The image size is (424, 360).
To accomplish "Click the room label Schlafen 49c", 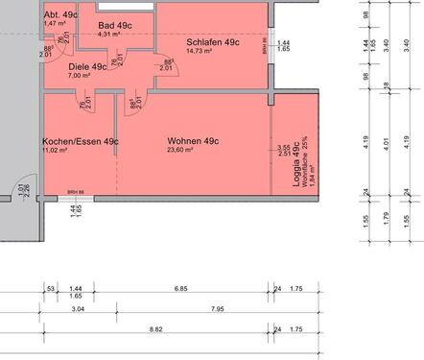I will pyautogui.click(x=213, y=42).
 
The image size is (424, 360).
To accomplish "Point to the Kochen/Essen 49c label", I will pyautogui.click(x=81, y=141).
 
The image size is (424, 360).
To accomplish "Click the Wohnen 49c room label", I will pyautogui.click(x=193, y=141).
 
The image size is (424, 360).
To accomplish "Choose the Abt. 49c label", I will pyautogui.click(x=60, y=15).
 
